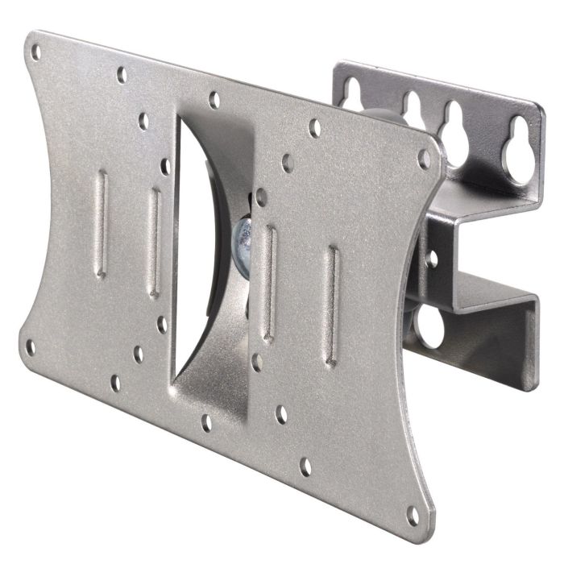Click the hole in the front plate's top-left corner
(36, 53)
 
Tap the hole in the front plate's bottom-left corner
(31, 347)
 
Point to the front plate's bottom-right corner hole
(413, 512)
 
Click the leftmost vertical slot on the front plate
(102, 223)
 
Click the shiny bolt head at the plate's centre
(241, 237)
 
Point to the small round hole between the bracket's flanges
(433, 259)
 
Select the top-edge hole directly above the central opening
(214, 101)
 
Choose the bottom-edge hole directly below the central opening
(207, 421)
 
